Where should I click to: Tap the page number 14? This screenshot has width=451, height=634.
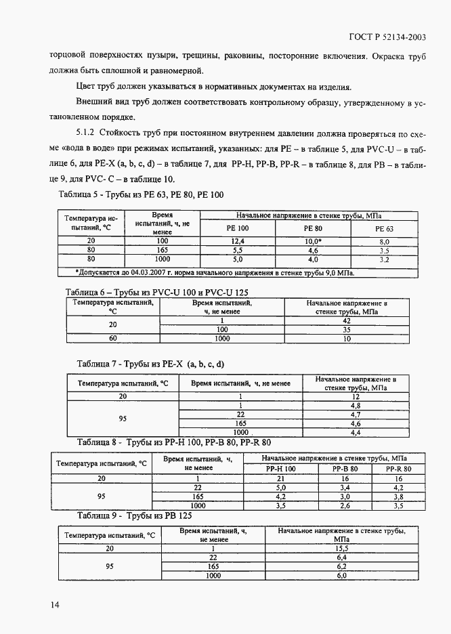[54, 604]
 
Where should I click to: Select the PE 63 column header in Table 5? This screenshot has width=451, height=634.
[384, 229]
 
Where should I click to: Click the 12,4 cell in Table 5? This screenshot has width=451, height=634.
[238, 241]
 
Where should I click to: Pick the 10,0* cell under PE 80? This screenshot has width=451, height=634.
[312, 241]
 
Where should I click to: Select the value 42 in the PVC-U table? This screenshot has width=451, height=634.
[346, 320]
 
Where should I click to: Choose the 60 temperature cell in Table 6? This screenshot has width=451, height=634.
[113, 338]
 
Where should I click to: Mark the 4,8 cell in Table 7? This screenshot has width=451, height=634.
[355, 405]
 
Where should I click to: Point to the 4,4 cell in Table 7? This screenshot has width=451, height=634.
[355, 431]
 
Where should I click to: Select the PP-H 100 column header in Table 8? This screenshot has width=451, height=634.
[280, 469]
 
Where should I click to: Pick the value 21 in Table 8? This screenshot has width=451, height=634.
[280, 478]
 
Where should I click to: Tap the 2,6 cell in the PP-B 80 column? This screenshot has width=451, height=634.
[345, 505]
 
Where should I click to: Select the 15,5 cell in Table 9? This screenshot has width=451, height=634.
[341, 548]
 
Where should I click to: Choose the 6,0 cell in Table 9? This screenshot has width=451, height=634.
[341, 575]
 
